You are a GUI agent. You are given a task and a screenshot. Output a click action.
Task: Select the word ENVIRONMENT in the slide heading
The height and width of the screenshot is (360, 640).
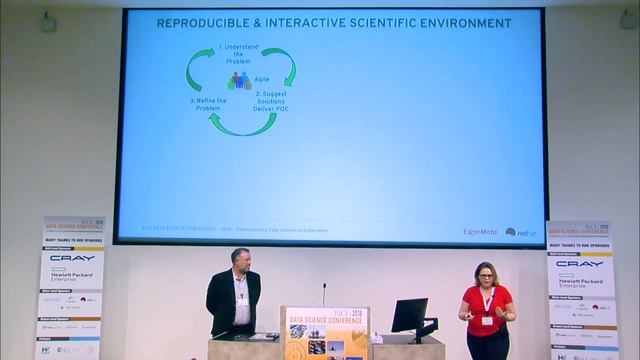point(463,22)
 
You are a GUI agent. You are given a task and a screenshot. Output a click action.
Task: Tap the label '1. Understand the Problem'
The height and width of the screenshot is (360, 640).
point(240,53)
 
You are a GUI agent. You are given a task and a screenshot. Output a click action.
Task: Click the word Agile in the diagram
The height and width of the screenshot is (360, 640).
point(262,79)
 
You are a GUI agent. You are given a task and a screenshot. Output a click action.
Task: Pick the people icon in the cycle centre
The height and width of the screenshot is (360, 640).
point(239,80)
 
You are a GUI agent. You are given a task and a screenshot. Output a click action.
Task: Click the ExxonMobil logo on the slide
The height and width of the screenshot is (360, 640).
point(480,231)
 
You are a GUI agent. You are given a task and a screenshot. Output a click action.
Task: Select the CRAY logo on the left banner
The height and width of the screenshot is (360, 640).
point(73,258)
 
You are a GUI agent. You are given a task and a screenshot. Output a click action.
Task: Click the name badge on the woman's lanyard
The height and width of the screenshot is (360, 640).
point(487,320)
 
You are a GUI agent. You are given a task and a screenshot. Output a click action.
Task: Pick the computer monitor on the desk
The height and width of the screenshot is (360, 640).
point(409,315)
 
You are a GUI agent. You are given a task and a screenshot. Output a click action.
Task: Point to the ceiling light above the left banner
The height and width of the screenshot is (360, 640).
point(49,19)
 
